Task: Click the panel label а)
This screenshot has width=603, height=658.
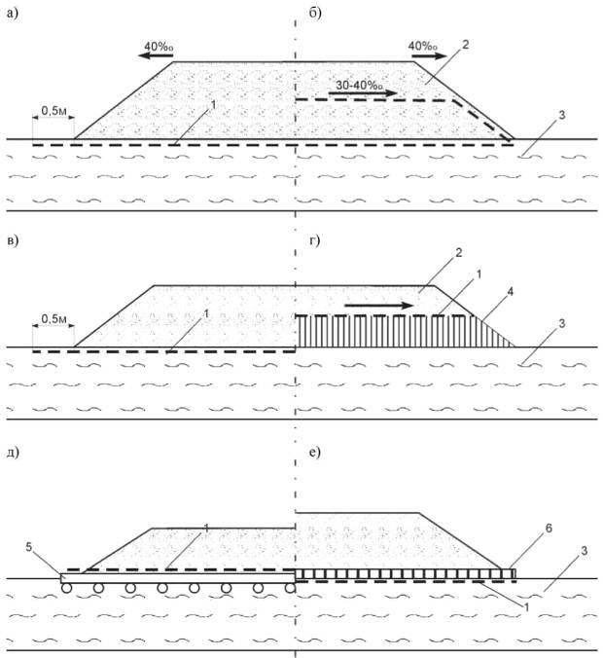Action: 13,14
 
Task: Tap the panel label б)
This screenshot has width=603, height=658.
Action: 315,14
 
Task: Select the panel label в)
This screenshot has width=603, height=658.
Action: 13,241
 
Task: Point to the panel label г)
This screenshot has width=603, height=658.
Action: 314,240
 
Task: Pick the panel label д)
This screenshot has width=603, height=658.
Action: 14,453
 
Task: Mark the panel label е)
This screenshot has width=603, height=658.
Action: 314,453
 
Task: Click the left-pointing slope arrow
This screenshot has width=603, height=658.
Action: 156,56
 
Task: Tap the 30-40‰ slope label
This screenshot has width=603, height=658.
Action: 359,86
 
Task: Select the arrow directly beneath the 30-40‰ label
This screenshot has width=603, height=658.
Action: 363,93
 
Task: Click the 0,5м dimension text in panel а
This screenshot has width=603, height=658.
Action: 53,111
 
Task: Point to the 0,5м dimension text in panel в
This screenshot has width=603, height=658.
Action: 53,319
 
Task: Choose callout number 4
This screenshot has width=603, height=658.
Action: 510,291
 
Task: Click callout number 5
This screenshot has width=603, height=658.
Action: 29,547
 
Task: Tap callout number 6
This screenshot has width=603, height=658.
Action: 549,528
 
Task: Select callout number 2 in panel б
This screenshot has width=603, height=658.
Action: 465,45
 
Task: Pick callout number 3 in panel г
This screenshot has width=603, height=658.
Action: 561,323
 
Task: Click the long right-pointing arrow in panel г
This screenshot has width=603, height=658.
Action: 379,306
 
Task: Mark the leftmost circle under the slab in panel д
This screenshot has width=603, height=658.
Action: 66,588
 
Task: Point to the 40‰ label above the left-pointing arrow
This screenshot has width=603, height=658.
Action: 159,46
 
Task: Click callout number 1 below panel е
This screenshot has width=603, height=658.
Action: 526,606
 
